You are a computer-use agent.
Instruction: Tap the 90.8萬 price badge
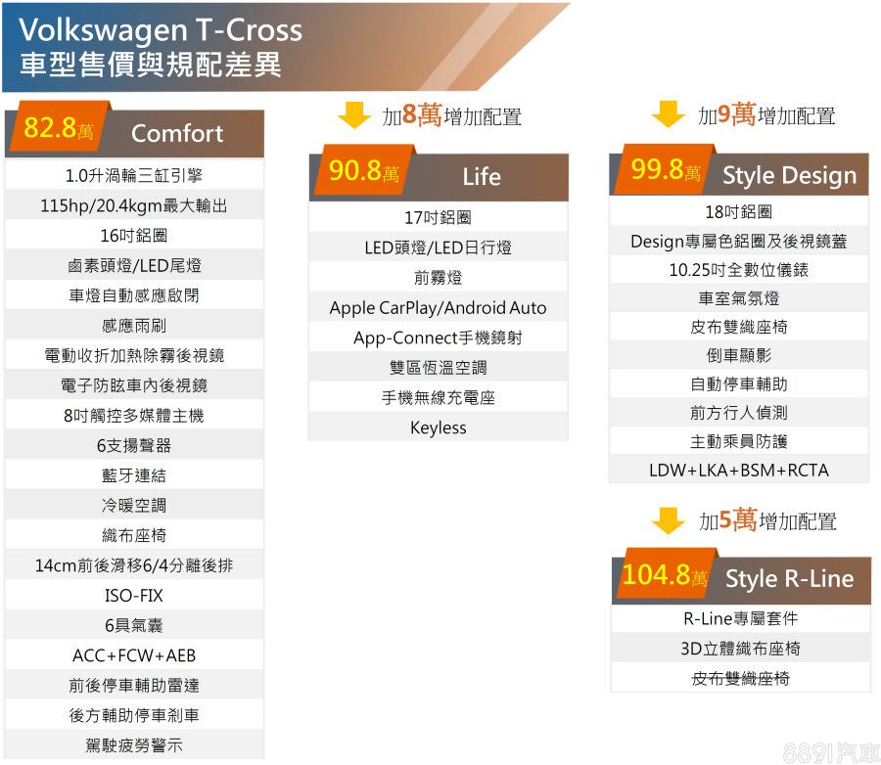pos(364,169)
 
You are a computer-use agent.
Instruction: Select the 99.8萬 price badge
pos(666,168)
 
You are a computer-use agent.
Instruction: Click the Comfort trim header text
pos(177,134)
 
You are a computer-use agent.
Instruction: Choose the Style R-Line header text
pos(789,578)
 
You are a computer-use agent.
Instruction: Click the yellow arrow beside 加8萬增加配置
pos(354,115)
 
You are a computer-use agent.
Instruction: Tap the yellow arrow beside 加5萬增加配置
pos(668,520)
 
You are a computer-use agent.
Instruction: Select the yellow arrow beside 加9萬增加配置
pos(668,114)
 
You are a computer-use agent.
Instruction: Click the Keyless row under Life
pos(439,428)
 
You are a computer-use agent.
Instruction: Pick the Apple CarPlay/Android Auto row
pos(439,308)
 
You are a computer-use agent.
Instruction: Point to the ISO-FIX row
pos(134,596)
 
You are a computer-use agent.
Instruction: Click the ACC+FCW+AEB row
pos(134,655)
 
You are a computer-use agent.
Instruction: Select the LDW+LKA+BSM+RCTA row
pos(739,471)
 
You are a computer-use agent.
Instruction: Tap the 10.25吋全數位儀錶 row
pos(739,270)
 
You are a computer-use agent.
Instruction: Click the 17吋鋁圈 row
pos(439,217)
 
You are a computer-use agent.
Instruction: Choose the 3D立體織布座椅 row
pos(741,649)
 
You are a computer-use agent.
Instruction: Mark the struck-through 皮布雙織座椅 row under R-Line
pos(741,679)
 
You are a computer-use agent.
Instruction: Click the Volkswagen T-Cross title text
pos(161,29)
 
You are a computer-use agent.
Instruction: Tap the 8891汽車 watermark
pos(831,752)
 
